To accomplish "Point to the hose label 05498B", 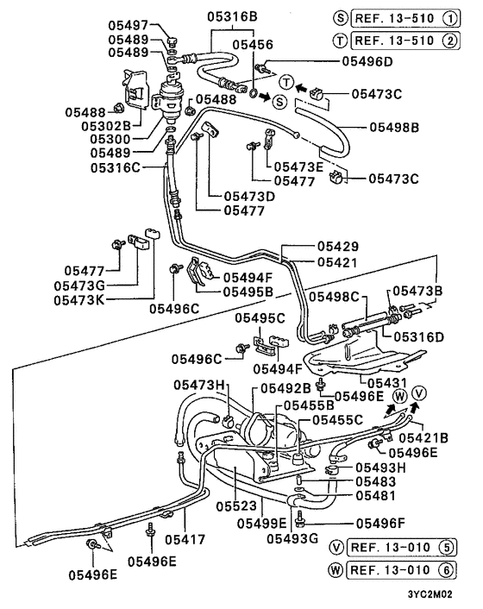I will [394, 128].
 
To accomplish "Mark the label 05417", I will [188, 539].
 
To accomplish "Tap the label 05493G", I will [292, 539].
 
